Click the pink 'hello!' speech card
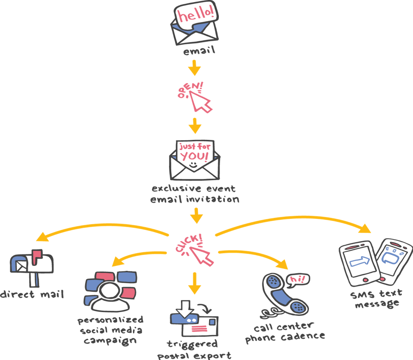pos(196,16)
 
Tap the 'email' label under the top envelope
pos(199,52)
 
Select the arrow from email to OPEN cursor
pos(195,68)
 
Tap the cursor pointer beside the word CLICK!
pos(201,256)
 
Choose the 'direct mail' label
pos(32,294)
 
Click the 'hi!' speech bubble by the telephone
pos(297,279)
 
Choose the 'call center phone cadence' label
pos(285,332)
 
